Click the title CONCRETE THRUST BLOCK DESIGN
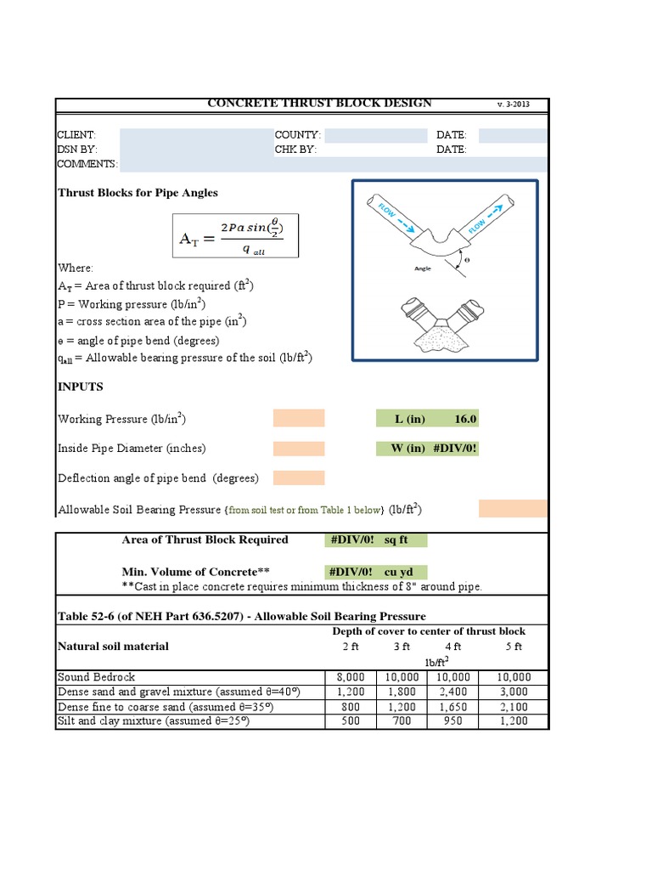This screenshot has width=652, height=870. [319, 104]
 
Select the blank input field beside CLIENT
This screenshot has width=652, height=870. [194, 135]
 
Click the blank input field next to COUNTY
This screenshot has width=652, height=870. [375, 135]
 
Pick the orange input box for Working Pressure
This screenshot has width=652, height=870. [298, 418]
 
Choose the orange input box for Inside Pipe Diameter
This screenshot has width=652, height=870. [298, 448]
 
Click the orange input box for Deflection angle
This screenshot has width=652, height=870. [298, 477]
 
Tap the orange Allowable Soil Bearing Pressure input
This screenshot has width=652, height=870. [513, 508]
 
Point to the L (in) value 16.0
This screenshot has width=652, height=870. [466, 419]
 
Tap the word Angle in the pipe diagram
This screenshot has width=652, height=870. [423, 268]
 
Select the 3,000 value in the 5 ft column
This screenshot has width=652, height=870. [513, 692]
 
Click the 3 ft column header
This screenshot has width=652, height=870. [402, 647]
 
